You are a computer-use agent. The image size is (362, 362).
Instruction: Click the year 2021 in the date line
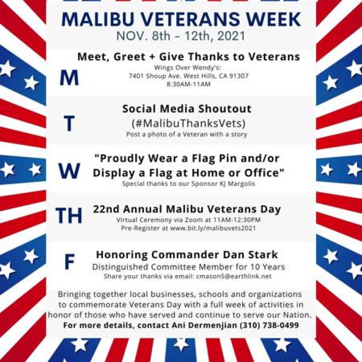231,36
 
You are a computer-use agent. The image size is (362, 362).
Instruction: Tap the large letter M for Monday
69,78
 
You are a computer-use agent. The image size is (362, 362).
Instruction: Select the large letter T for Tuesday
69,124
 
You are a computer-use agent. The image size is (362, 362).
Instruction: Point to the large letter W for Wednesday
69,171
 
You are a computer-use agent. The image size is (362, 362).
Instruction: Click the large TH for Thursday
69,215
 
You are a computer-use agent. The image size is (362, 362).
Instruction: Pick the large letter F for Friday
70,262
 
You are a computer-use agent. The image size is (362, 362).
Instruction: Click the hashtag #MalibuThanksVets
188,123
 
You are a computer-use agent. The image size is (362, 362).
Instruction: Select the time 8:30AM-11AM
188,84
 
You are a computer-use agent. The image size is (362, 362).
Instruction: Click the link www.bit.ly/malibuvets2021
213,228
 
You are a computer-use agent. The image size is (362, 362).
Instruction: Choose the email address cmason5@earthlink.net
234,277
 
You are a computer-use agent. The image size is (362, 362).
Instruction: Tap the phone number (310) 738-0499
269,325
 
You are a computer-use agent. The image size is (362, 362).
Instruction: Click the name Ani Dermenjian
204,325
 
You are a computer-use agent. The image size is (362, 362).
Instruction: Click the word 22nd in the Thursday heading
106,209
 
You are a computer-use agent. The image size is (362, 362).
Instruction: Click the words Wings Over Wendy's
187,68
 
